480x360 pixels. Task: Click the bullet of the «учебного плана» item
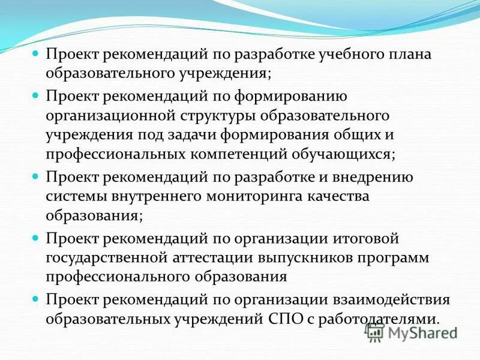coord(35,53)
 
